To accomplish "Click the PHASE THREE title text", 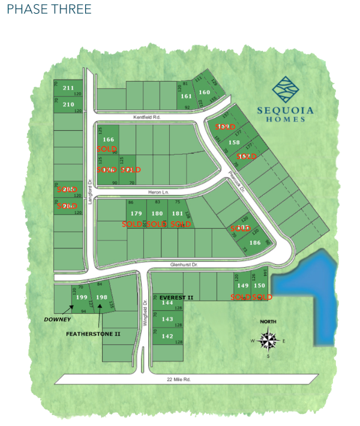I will pyautogui.click(x=49, y=9).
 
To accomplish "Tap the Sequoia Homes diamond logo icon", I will pyautogui.click(x=285, y=89).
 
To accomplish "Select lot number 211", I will pyautogui.click(x=68, y=88).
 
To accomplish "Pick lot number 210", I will pyautogui.click(x=68, y=104).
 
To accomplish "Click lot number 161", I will pyautogui.click(x=186, y=96).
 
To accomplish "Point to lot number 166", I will pyautogui.click(x=109, y=139).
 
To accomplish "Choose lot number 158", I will pyautogui.click(x=234, y=143).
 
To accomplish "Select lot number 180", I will pyautogui.click(x=157, y=213).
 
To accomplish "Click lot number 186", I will pyautogui.click(x=254, y=242).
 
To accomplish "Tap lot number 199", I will pyautogui.click(x=82, y=298).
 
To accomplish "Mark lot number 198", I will pyautogui.click(x=101, y=298).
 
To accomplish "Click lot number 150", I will pyautogui.click(x=259, y=286).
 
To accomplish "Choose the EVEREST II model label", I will pyautogui.click(x=176, y=297).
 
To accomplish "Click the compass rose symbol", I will pyautogui.click(x=269, y=341).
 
